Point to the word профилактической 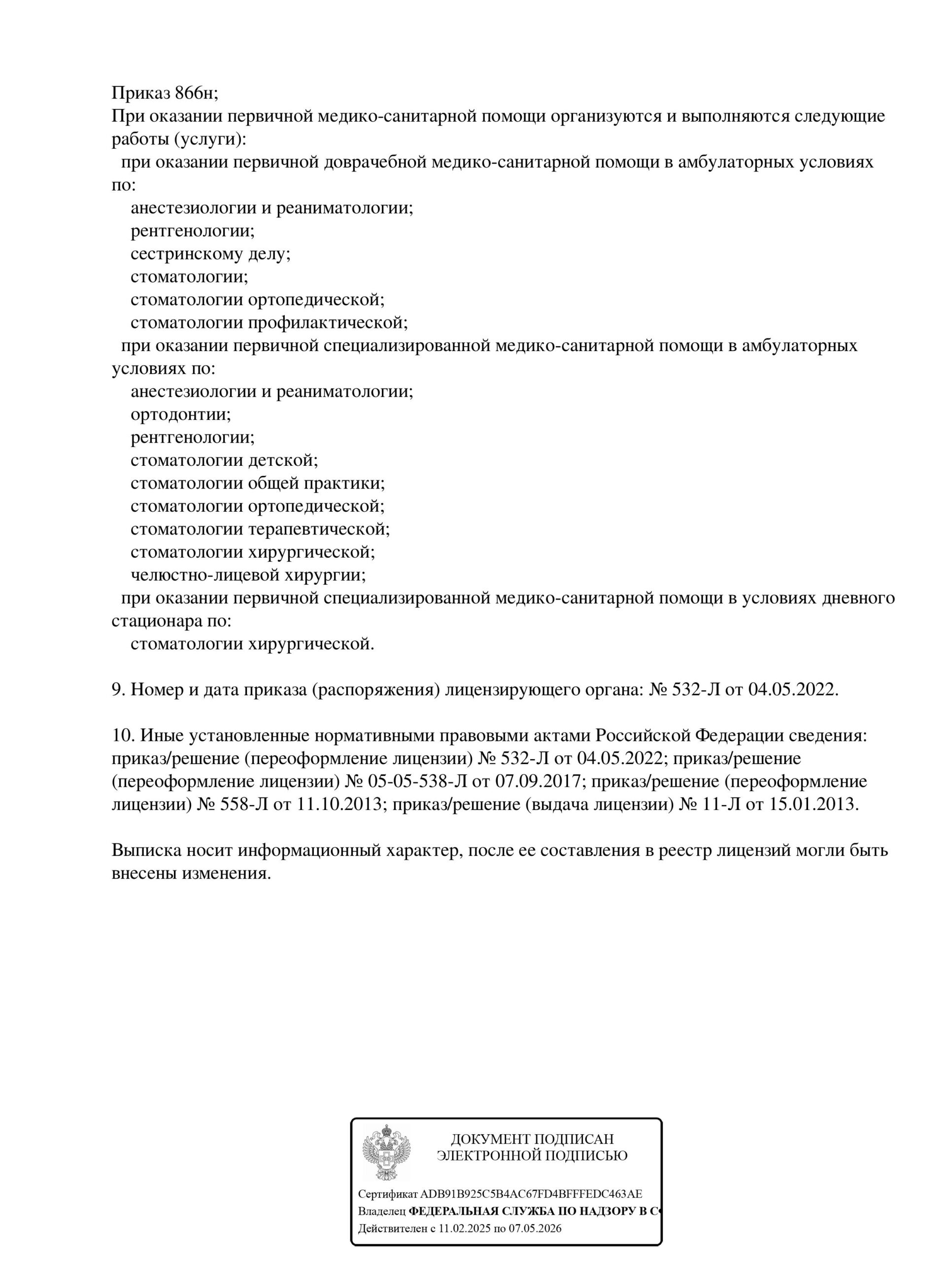pos(327,322)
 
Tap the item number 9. pos(117,690)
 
